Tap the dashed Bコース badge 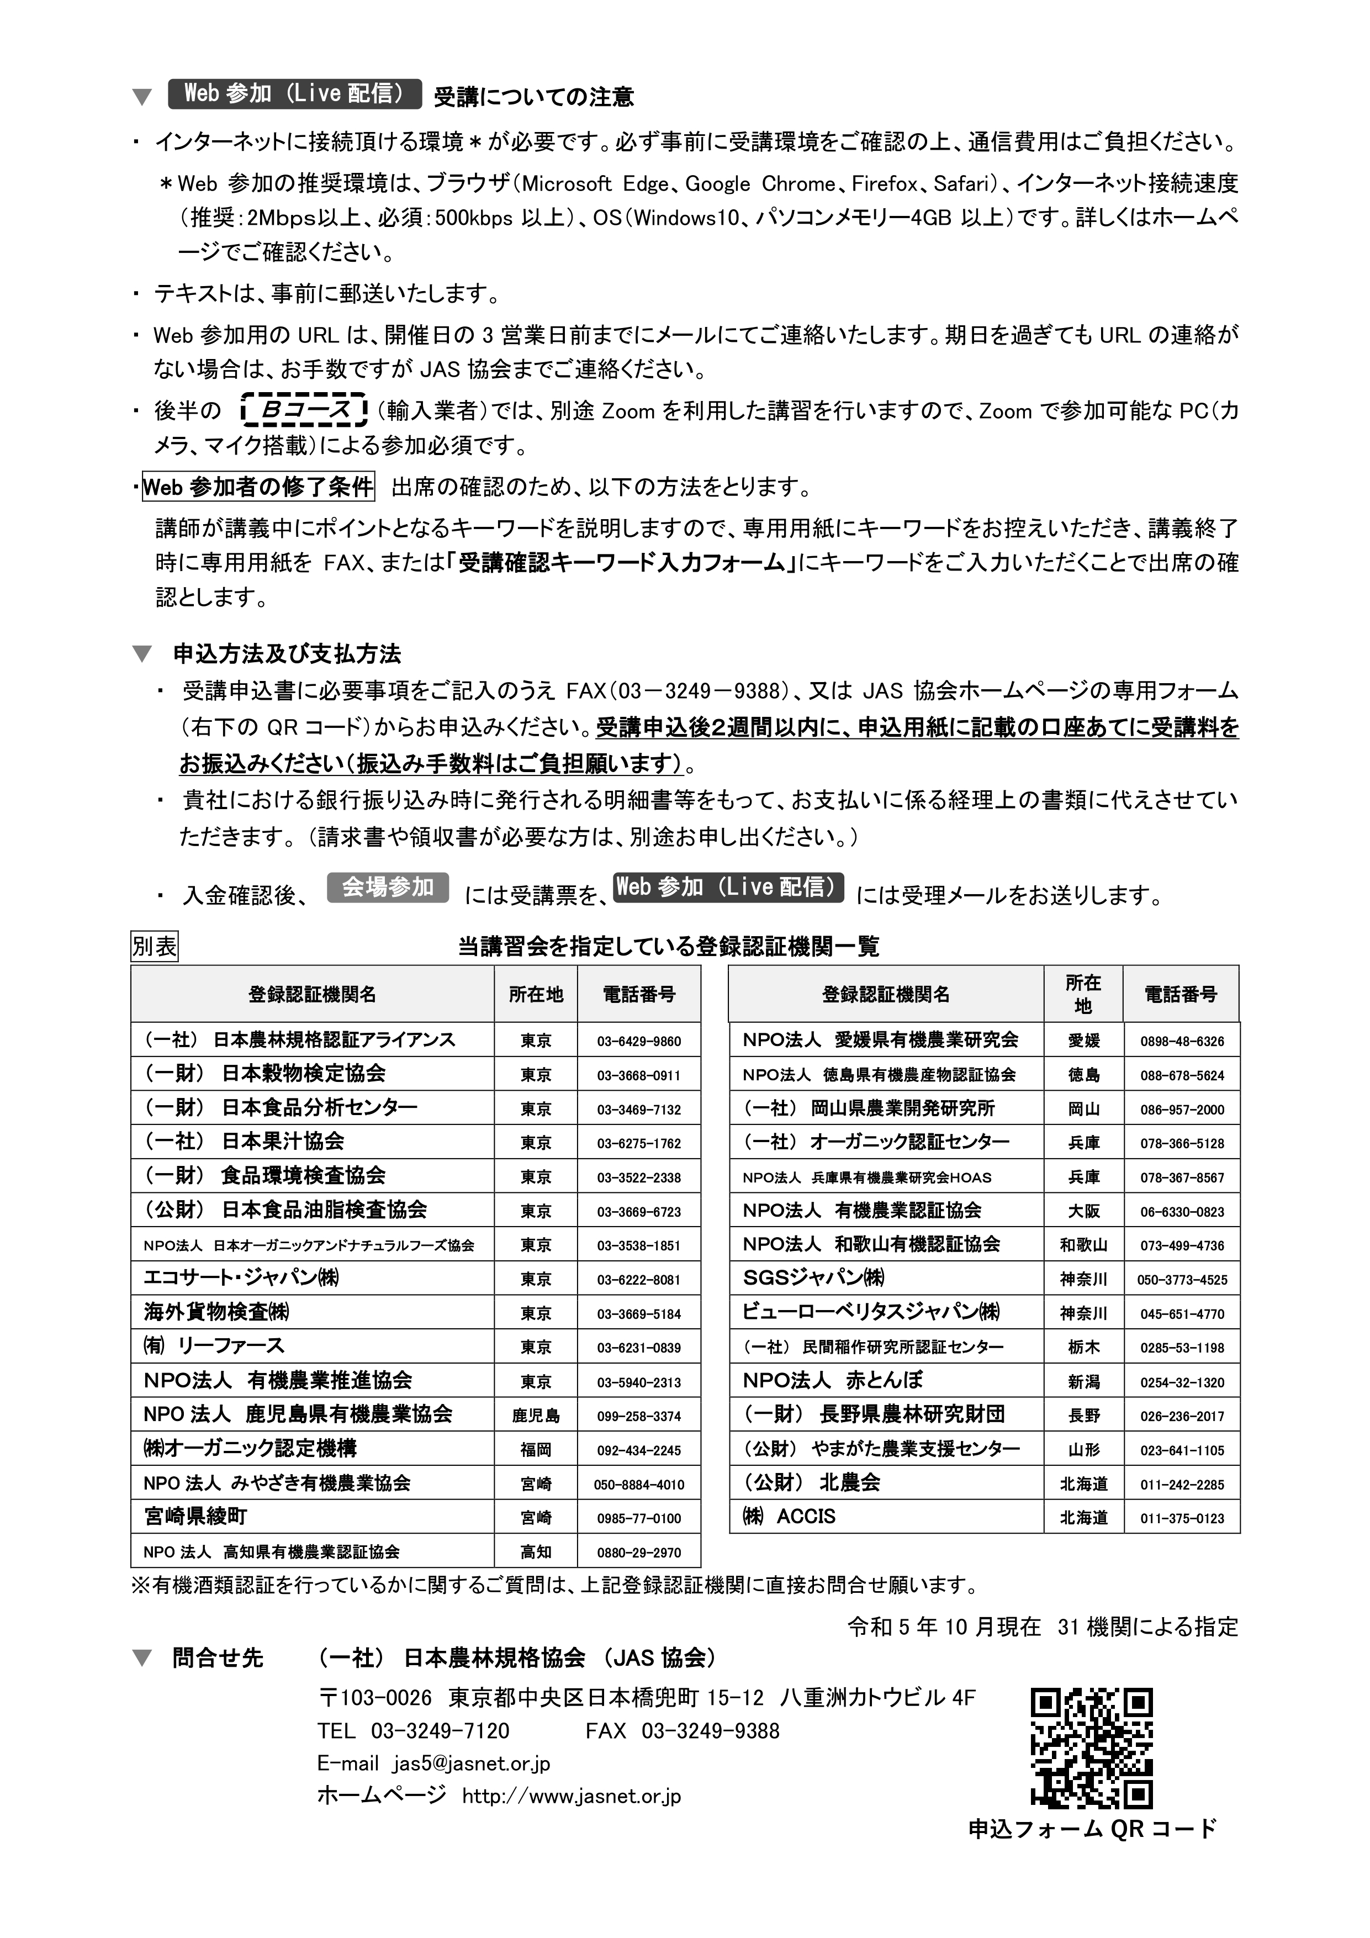click(304, 411)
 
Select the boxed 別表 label click(155, 946)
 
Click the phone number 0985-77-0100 click(638, 1518)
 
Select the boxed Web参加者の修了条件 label click(258, 487)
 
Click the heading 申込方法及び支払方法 click(287, 654)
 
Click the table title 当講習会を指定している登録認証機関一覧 click(669, 946)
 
